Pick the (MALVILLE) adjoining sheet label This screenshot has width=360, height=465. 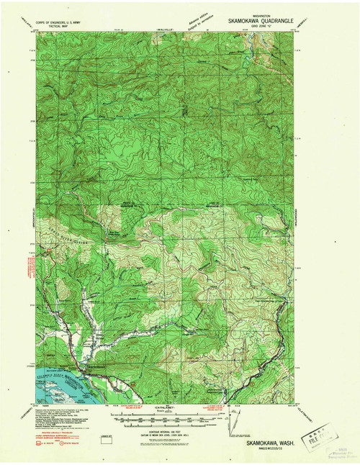[163, 30]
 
